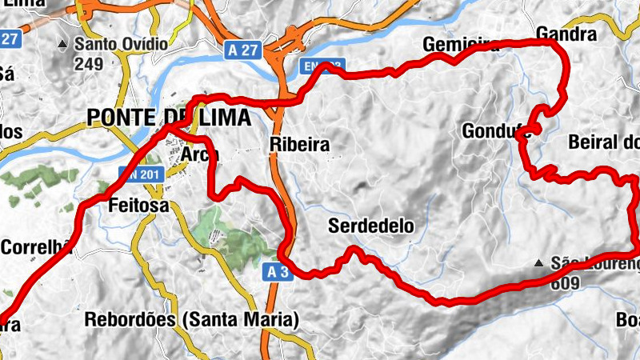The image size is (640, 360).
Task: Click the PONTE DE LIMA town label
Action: point(168,118)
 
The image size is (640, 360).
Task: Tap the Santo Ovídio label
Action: point(121,44)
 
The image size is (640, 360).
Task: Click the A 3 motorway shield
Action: point(277,273)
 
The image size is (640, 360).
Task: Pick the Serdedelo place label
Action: point(371,226)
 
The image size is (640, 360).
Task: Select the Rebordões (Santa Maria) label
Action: point(191,320)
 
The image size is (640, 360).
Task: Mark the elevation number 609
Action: point(565,282)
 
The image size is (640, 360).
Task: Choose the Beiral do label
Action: point(604,143)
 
